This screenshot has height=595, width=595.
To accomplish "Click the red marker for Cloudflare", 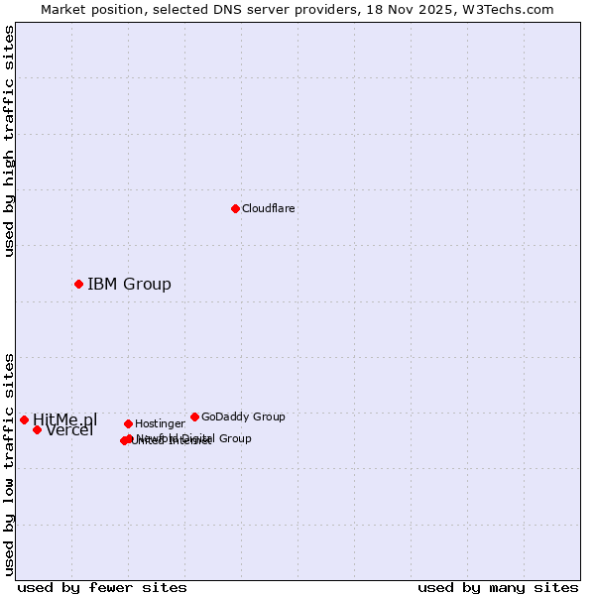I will [235, 208].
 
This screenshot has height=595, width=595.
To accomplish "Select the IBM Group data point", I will [78, 285].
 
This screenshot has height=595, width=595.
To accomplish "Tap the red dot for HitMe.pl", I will [24, 419].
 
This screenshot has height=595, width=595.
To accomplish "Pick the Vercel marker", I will [37, 429].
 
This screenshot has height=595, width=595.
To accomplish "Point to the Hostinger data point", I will [128, 423].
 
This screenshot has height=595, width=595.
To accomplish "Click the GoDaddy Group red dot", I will [194, 416].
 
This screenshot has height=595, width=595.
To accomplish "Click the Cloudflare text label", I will [268, 208].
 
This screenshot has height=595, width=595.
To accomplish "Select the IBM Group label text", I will [129, 285].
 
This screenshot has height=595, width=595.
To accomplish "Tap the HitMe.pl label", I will [65, 419].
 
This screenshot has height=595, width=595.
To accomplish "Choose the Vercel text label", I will [69, 430].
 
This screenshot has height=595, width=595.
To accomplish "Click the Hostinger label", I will [160, 423].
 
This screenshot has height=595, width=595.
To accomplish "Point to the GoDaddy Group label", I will [243, 416].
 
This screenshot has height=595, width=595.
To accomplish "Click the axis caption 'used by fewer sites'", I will [102, 588].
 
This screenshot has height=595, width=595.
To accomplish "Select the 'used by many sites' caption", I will [498, 588].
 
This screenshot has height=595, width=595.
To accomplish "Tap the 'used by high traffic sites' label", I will [10, 141].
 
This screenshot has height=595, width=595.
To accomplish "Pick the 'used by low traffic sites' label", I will [10, 464].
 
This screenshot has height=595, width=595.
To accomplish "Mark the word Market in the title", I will [61, 9].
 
